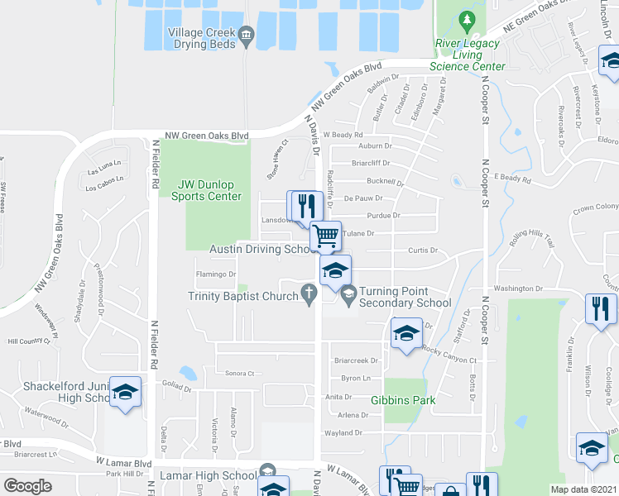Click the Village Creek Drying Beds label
(x=203, y=38)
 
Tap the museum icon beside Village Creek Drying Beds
(x=246, y=34)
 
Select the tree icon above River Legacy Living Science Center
(x=468, y=19)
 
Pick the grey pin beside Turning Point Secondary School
(x=348, y=292)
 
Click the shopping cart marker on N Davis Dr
(x=326, y=236)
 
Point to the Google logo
(x=27, y=486)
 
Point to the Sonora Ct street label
(x=240, y=374)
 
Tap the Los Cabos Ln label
(x=104, y=177)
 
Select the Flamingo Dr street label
(x=215, y=274)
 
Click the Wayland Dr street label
(x=345, y=432)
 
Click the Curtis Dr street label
(x=422, y=250)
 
